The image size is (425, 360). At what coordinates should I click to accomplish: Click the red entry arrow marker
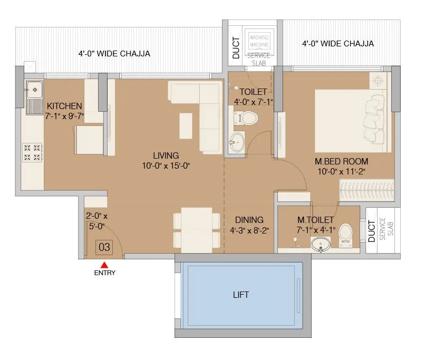[104, 265]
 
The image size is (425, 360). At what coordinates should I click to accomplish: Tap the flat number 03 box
[104, 246]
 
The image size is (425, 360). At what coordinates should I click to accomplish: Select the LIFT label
[240, 295]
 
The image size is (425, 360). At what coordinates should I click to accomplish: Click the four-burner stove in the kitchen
[32, 152]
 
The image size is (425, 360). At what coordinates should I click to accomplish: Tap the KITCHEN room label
[64, 106]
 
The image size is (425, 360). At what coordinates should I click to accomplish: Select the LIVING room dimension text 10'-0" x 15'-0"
[166, 166]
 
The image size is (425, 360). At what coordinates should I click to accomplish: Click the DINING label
[249, 220]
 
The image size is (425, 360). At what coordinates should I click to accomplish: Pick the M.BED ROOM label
[341, 161]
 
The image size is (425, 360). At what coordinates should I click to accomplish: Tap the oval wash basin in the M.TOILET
[320, 245]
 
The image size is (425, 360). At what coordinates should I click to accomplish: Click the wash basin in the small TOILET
[237, 141]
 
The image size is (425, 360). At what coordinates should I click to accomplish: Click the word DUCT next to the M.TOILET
[372, 232]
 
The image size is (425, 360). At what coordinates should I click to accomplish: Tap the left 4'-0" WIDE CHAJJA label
[114, 54]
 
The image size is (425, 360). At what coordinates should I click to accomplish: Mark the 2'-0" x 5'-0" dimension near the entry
[96, 221]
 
